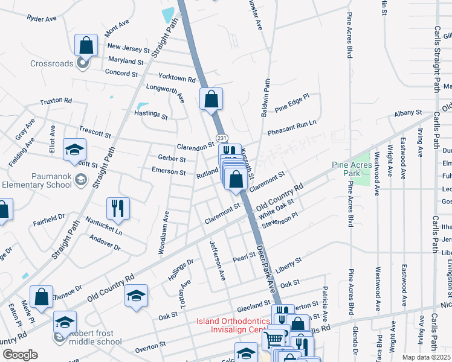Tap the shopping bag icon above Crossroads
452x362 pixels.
(x=86, y=45)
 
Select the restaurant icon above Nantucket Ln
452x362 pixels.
(x=118, y=209)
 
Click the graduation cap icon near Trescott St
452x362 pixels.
(x=75, y=150)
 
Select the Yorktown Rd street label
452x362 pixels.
(x=177, y=78)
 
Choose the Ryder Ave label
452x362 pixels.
(x=42, y=19)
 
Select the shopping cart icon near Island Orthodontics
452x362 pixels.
(x=275, y=338)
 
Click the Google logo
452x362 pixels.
(x=21, y=354)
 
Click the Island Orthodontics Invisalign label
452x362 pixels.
(x=231, y=325)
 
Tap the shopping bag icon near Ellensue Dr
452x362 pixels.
(x=41, y=297)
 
